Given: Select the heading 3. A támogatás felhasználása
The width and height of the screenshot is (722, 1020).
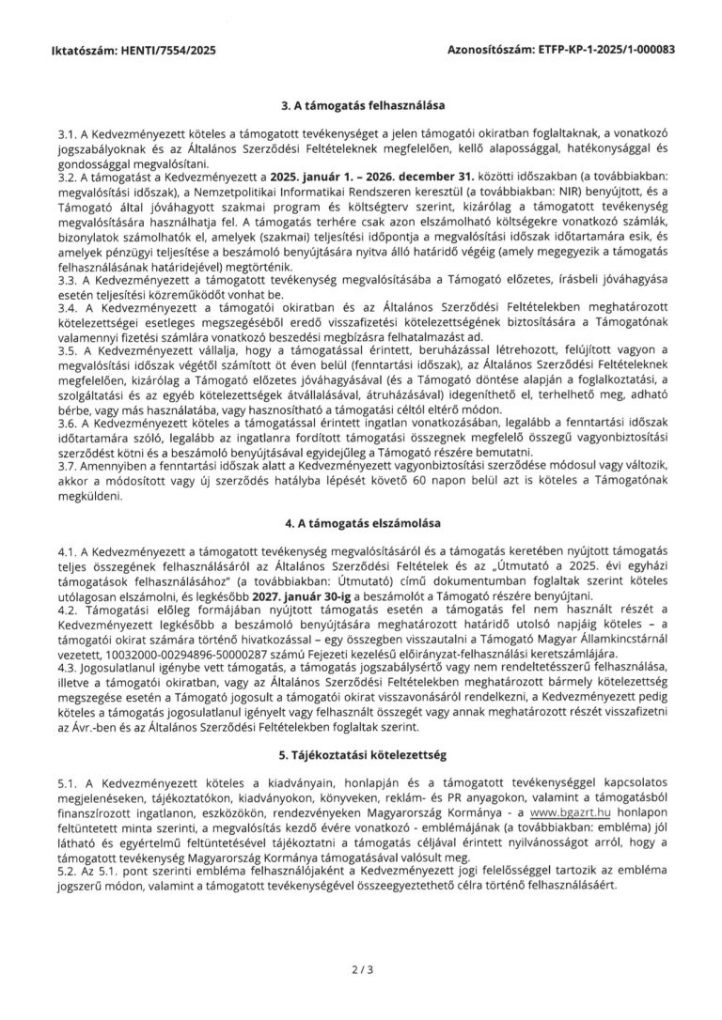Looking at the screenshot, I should [362, 106].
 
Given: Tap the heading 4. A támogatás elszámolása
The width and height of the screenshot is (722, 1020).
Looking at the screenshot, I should [362, 519].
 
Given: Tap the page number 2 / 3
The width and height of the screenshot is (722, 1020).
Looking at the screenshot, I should [361, 964].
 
